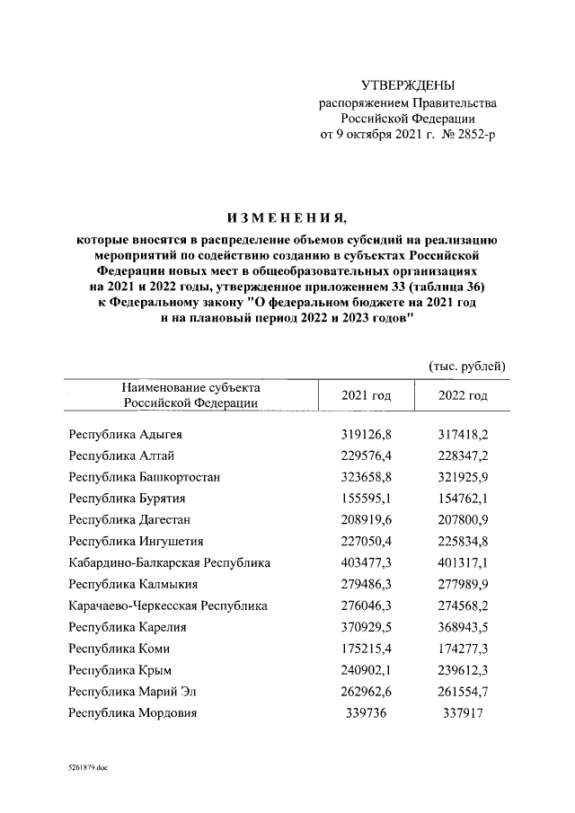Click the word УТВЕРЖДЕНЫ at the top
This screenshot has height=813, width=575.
[408, 85]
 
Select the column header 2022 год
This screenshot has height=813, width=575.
[463, 395]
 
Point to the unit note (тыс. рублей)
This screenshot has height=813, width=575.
[463, 367]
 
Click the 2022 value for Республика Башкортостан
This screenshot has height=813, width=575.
[463, 476]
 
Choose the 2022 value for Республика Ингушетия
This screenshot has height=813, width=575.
[463, 541]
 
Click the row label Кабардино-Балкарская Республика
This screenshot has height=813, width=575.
[170, 563]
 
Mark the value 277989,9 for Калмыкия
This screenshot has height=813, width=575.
[463, 584]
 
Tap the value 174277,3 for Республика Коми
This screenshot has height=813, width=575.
[463, 649]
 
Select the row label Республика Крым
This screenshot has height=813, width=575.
[120, 670]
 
